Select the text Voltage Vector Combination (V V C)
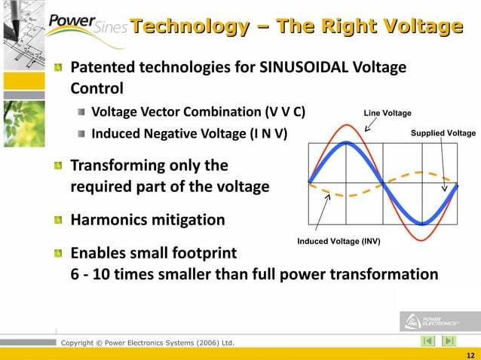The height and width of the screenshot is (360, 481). click(198, 113)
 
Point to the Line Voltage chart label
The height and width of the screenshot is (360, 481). click(388, 113)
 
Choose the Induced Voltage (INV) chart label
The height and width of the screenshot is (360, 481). click(339, 242)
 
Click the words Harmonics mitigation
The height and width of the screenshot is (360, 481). click(148, 220)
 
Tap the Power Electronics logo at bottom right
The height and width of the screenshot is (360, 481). click(429, 322)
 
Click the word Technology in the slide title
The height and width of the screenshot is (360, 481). click(185, 27)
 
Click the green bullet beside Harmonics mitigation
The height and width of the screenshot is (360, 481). click(58, 221)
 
